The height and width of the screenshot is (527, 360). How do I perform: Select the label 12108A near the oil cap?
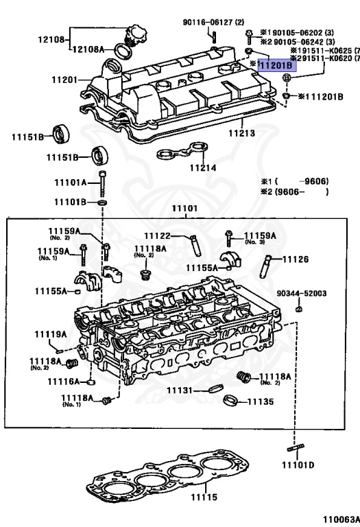click(x=88, y=49)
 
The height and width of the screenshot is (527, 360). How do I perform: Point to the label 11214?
click(x=202, y=167)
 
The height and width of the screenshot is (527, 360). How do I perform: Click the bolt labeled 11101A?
click(x=102, y=183)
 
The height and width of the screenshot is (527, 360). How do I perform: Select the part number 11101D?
click(x=298, y=465)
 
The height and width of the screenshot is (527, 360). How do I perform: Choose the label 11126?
click(x=296, y=259)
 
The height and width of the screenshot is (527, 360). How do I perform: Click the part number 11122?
click(x=157, y=236)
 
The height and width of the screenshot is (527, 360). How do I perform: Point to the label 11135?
click(x=260, y=401)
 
